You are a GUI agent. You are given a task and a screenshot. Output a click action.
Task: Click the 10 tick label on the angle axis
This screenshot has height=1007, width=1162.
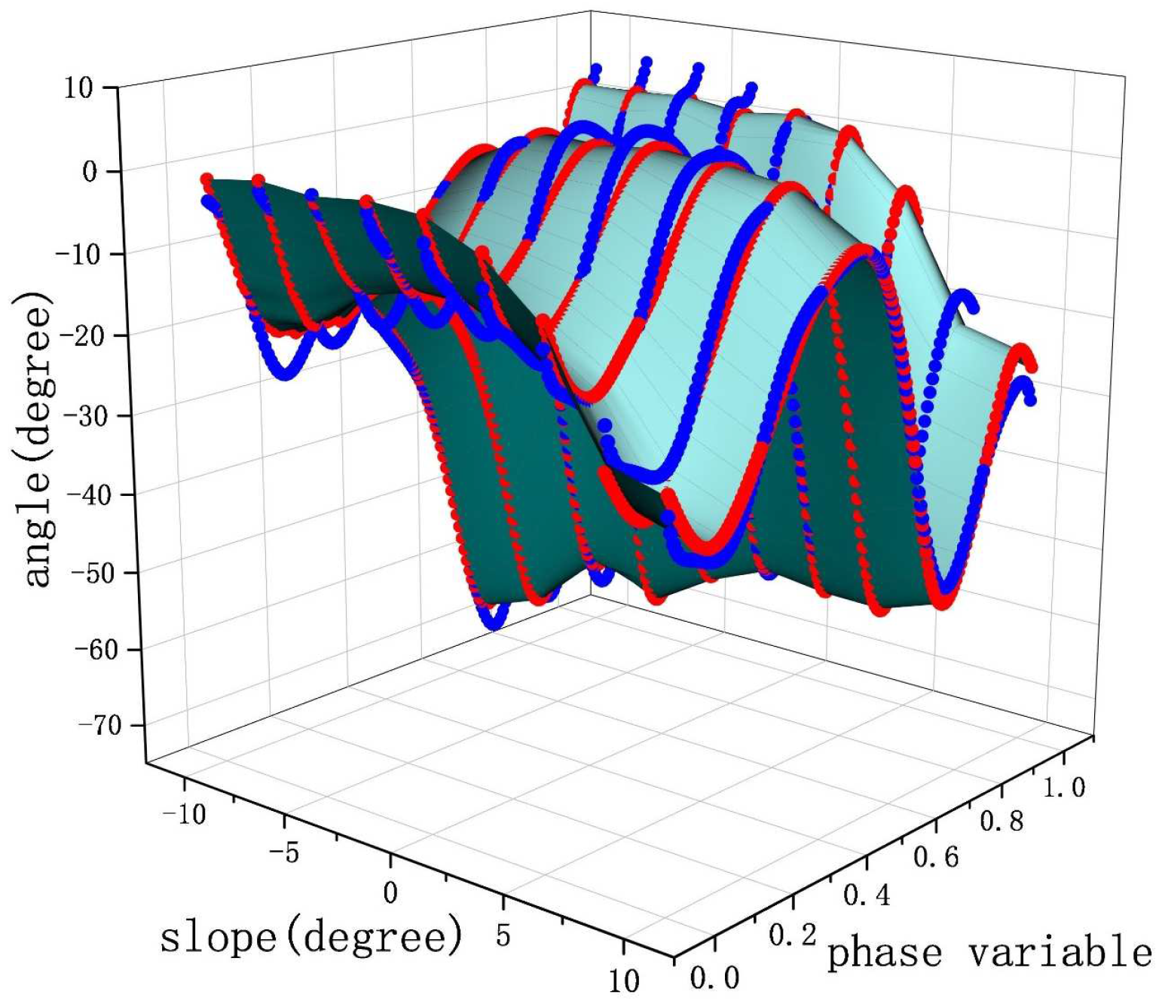(x=78, y=88)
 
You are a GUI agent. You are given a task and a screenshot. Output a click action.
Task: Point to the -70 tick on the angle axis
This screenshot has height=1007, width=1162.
(x=99, y=725)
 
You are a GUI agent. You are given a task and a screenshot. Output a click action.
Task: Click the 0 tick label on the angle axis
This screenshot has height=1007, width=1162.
(x=90, y=172)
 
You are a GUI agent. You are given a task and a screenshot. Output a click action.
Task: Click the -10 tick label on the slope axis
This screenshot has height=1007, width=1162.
(x=182, y=813)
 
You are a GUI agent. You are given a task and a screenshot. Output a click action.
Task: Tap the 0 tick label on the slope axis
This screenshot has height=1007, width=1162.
(x=390, y=893)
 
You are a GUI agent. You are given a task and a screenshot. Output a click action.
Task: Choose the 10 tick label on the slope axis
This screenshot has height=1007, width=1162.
(x=623, y=981)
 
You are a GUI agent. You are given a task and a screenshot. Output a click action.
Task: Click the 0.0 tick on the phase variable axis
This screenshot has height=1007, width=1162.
(x=714, y=978)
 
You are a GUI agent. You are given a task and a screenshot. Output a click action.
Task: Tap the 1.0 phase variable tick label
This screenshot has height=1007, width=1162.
(x=1063, y=788)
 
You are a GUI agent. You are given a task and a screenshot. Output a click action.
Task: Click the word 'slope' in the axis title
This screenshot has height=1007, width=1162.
(x=218, y=937)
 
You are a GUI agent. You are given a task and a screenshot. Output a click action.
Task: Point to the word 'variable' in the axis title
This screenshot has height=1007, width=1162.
(x=1060, y=953)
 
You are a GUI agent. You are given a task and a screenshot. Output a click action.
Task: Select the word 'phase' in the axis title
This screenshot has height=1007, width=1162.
(x=885, y=954)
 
